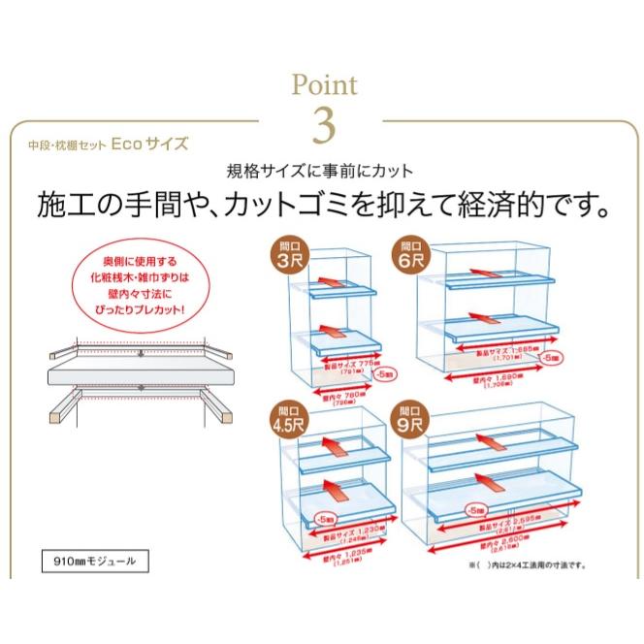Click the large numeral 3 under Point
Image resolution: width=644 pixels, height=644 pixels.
(x=324, y=123)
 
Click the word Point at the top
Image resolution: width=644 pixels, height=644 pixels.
(x=324, y=86)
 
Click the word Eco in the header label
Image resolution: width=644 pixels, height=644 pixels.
(x=127, y=144)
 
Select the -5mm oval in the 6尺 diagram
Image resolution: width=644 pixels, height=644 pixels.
(x=550, y=359)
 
